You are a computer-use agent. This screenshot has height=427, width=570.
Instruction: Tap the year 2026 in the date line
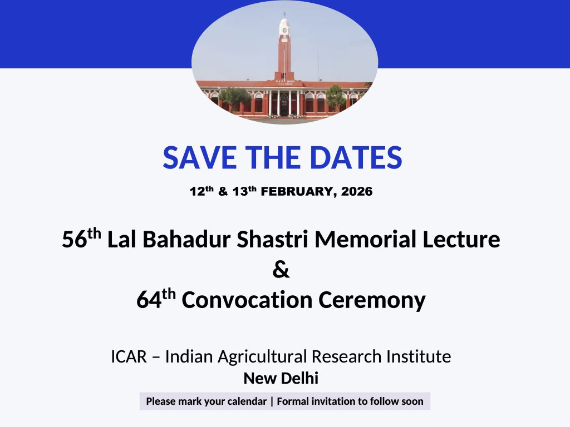tap(357, 191)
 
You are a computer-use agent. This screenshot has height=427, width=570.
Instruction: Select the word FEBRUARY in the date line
tap(297, 192)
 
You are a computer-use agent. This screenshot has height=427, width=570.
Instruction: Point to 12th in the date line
tap(202, 191)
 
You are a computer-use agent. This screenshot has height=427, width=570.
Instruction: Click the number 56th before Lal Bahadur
tap(81, 238)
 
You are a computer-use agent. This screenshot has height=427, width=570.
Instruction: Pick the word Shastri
tap(273, 239)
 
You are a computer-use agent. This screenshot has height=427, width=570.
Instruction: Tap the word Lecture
tap(461, 239)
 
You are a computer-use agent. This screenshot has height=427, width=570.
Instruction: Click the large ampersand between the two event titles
tap(281, 270)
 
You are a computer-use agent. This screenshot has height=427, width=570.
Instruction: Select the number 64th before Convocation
tap(156, 299)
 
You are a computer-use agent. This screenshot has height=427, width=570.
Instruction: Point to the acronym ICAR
tap(129, 356)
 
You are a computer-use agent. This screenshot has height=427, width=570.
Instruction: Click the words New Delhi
tap(281, 378)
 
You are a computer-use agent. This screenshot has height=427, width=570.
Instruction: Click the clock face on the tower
tap(284, 31)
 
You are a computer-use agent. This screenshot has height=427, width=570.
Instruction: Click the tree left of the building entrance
tap(235, 98)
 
